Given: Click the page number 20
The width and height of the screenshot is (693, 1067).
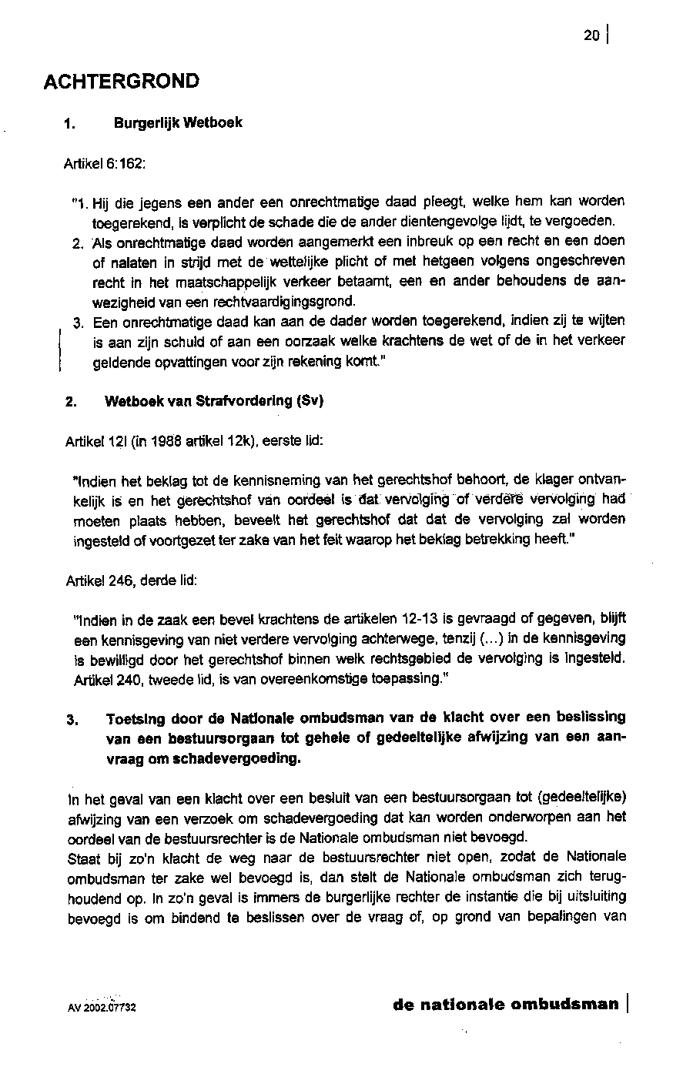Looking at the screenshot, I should tap(591, 35).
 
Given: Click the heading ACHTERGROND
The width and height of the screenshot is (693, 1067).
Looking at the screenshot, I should tap(122, 82).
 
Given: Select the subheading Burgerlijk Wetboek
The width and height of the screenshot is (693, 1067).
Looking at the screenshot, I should tap(178, 122).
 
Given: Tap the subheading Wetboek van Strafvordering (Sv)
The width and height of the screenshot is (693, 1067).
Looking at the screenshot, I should tap(214, 401).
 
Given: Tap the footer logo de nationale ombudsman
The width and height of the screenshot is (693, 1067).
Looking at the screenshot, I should tap(505, 1004).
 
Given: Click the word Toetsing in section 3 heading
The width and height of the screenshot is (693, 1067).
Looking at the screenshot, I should tap(136, 718).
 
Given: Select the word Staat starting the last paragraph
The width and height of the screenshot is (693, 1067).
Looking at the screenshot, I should tap(83, 857).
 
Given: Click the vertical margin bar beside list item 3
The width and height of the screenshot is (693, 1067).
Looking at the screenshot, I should tap(60, 350).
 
